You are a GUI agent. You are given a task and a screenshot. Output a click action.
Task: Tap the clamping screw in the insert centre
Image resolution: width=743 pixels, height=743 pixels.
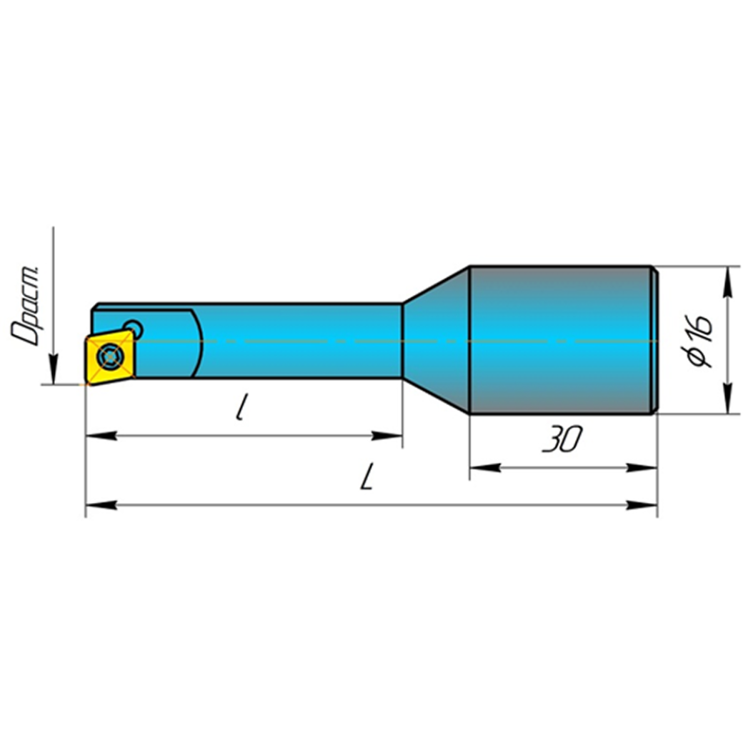click(x=109, y=355)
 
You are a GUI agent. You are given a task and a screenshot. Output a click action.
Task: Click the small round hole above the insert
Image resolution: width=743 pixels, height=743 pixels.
click(x=133, y=329)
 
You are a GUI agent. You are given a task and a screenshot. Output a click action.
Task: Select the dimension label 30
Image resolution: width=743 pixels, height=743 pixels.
click(x=562, y=440)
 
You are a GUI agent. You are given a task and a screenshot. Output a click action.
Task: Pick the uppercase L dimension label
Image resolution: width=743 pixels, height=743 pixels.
click(x=368, y=477)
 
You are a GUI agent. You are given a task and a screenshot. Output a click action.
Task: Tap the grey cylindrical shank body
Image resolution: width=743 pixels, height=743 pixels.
click(x=561, y=339)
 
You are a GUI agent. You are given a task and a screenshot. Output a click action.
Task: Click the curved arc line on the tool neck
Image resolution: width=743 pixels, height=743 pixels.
click(x=201, y=343)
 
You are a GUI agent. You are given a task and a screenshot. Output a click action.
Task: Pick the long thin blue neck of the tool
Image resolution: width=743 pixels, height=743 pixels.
click(x=300, y=341)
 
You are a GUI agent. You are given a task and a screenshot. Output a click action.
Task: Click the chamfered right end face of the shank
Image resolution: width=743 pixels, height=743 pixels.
click(x=653, y=339)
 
